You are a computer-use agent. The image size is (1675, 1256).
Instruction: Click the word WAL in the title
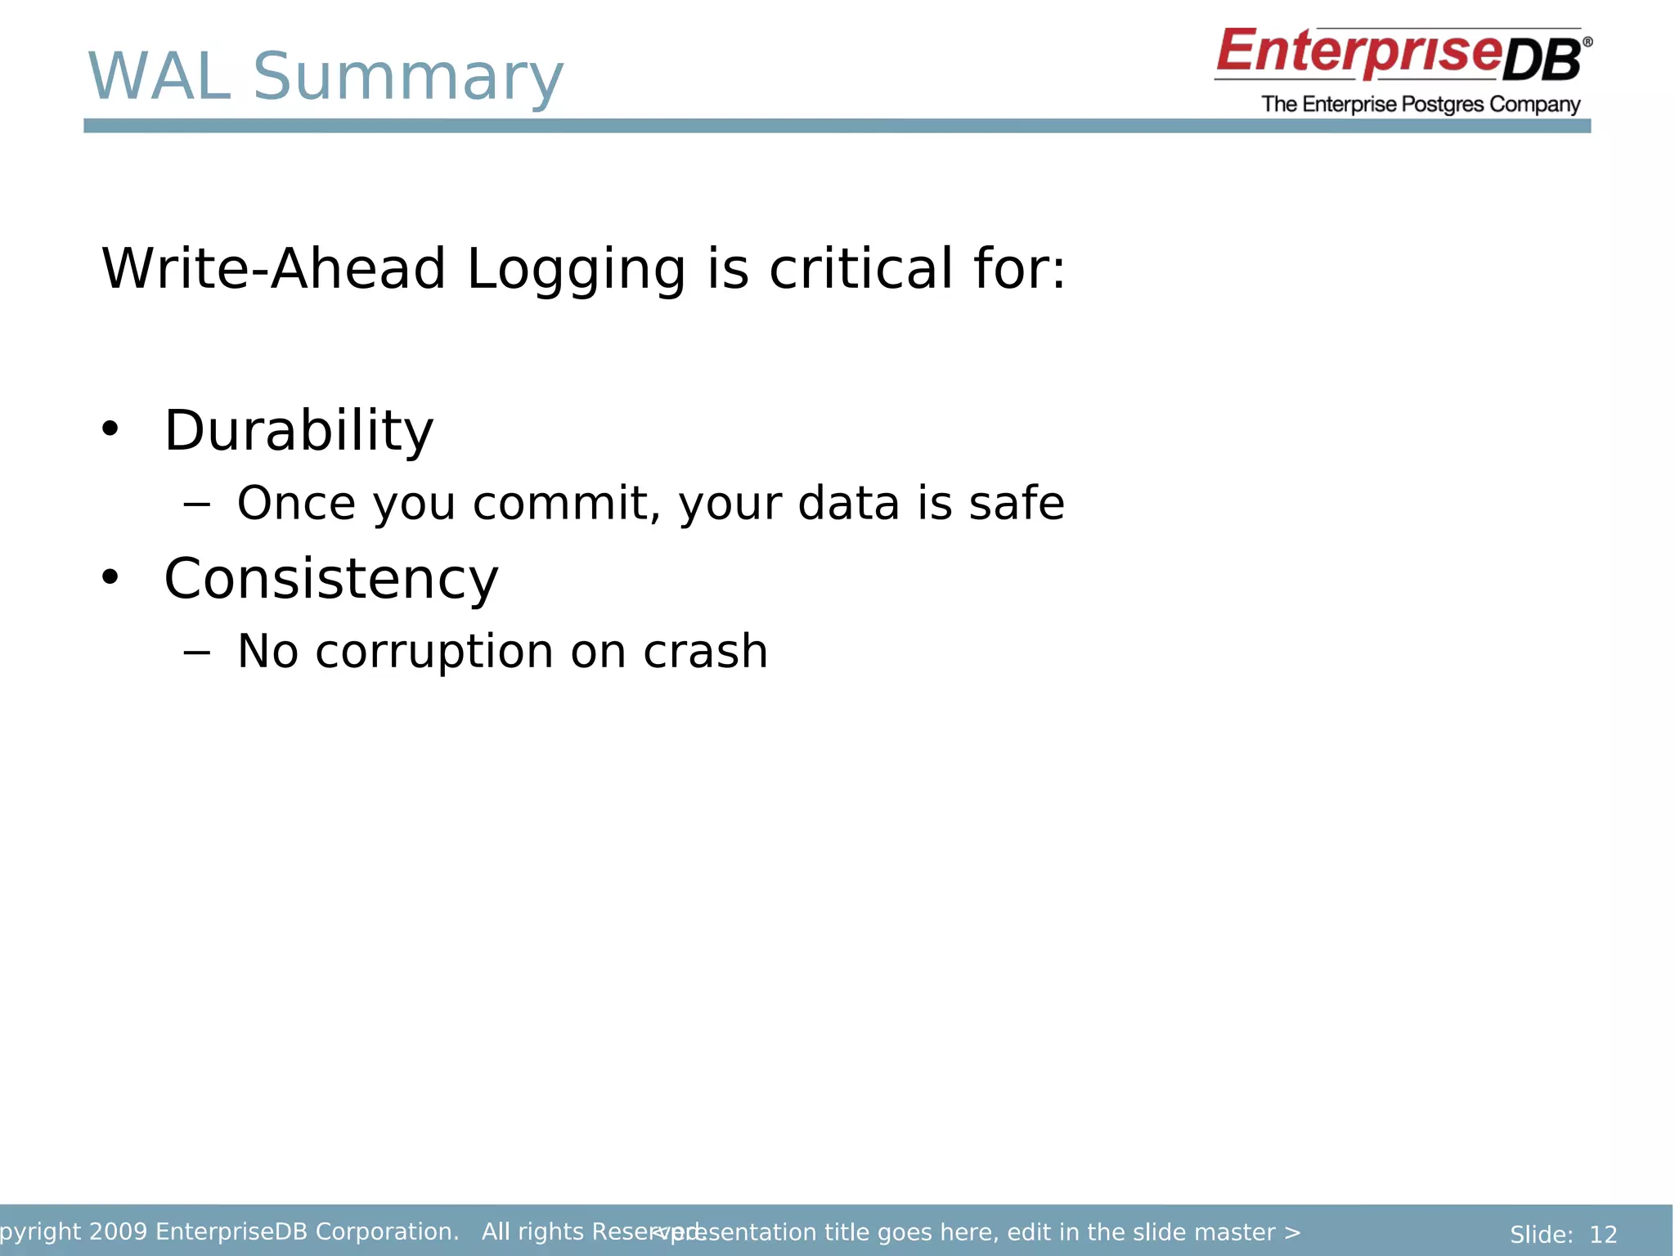(159, 77)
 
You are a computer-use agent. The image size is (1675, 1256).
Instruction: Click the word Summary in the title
(407, 78)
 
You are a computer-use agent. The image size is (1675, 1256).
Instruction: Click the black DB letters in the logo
(1542, 62)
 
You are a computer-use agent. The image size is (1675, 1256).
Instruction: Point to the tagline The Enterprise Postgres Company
(1420, 105)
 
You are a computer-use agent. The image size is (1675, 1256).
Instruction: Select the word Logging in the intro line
(575, 271)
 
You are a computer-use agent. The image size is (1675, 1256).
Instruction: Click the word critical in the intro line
(860, 269)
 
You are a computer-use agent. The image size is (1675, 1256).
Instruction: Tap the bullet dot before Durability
(110, 428)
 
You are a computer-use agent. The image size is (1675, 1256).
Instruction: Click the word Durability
(299, 431)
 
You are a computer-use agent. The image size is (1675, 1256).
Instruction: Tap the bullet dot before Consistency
(110, 577)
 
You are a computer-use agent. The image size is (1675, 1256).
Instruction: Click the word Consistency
(330, 579)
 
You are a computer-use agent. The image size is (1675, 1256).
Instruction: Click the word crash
(705, 652)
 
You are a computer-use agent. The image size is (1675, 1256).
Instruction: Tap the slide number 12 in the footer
(1603, 1234)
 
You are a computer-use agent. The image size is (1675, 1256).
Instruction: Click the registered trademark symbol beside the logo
(1587, 42)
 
